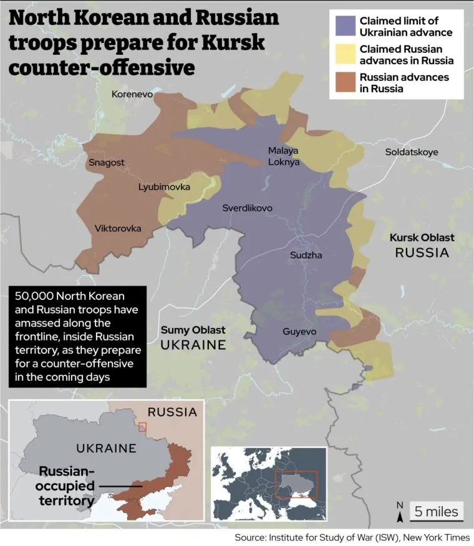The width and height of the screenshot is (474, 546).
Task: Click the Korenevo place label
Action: point(132,94)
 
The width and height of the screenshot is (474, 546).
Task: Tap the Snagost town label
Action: point(106,163)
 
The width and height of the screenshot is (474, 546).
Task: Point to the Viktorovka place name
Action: point(118,229)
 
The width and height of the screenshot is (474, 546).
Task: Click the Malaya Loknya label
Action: point(284,156)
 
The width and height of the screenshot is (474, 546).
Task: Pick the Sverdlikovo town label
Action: point(247,208)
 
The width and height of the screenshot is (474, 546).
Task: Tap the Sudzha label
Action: point(306,255)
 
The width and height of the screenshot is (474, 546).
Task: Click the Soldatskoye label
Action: point(412,152)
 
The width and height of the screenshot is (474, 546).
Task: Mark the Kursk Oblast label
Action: point(422,238)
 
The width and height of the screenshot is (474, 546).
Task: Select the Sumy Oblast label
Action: point(193,330)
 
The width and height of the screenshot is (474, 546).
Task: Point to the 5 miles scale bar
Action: point(436,512)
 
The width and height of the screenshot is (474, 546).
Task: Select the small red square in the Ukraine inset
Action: point(143,426)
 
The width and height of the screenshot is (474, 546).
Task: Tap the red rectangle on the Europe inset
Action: point(297,484)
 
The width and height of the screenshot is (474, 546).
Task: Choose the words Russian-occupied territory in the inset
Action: point(68,485)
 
